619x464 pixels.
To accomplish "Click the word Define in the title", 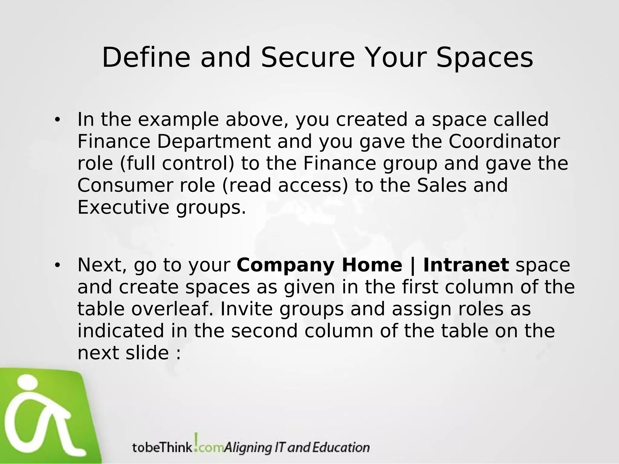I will tap(146, 58).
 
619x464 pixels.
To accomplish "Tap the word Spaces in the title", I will tap(485, 58).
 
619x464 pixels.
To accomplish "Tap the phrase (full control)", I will tap(177, 163).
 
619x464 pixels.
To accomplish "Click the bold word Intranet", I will tap(466, 265).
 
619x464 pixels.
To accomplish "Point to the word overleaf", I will tap(172, 309).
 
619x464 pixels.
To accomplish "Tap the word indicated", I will tap(121, 331).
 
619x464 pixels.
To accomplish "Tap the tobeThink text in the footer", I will tap(162, 447).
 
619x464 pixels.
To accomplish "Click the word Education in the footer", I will tap(341, 447).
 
